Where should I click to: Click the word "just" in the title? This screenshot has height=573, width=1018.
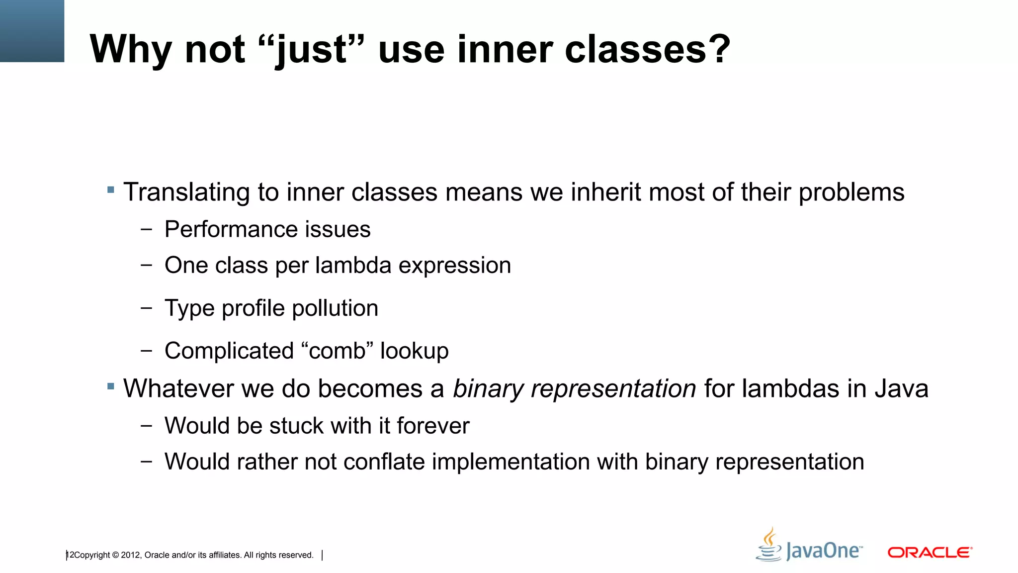[312, 50]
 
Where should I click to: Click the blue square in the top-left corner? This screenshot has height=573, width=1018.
[32, 31]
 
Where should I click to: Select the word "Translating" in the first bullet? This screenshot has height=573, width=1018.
[186, 192]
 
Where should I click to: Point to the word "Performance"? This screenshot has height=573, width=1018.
[230, 230]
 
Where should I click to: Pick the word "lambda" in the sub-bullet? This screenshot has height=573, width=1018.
[353, 265]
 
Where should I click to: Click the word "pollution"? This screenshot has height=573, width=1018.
[335, 308]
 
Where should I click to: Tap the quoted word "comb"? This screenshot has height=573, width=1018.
[337, 351]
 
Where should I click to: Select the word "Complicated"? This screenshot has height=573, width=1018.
[229, 351]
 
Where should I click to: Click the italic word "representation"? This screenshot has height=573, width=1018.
[613, 388]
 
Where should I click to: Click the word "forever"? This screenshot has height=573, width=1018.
[433, 426]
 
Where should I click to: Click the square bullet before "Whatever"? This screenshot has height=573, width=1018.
[111, 386]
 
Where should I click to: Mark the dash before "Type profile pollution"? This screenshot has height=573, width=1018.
[146, 308]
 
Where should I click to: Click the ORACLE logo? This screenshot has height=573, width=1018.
[930, 552]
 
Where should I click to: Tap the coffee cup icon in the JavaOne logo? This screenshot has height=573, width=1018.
[769, 546]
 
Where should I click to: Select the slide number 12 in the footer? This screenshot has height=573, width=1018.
[70, 555]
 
